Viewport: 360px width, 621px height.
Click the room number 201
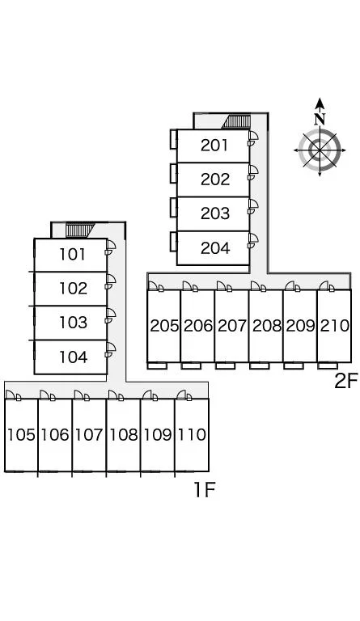(214, 146)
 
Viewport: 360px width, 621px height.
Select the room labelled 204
(215, 248)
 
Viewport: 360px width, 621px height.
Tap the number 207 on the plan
(232, 326)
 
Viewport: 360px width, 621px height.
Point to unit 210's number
(335, 326)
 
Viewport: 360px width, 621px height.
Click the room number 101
(72, 254)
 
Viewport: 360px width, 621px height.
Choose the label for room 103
(73, 323)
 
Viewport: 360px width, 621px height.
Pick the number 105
(21, 435)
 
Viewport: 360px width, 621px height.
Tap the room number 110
(192, 435)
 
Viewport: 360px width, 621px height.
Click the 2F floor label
(346, 381)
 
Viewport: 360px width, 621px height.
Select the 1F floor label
(205, 490)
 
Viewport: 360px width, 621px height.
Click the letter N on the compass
(320, 118)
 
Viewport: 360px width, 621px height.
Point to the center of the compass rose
(320, 150)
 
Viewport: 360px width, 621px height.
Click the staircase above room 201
(236, 121)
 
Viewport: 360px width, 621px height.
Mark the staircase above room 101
(80, 230)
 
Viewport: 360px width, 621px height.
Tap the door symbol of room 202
(252, 172)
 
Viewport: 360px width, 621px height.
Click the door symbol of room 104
(110, 349)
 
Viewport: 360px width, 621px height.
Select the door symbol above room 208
(258, 286)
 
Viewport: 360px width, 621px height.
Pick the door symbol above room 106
(48, 395)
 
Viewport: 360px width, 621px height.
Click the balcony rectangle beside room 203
(173, 207)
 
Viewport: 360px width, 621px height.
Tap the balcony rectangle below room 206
(191, 365)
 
